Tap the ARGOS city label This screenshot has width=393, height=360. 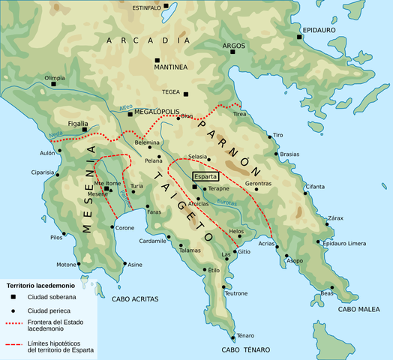coord(223,46)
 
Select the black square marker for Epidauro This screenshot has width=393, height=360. coord(299,36)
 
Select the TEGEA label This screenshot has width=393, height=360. coord(171,94)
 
